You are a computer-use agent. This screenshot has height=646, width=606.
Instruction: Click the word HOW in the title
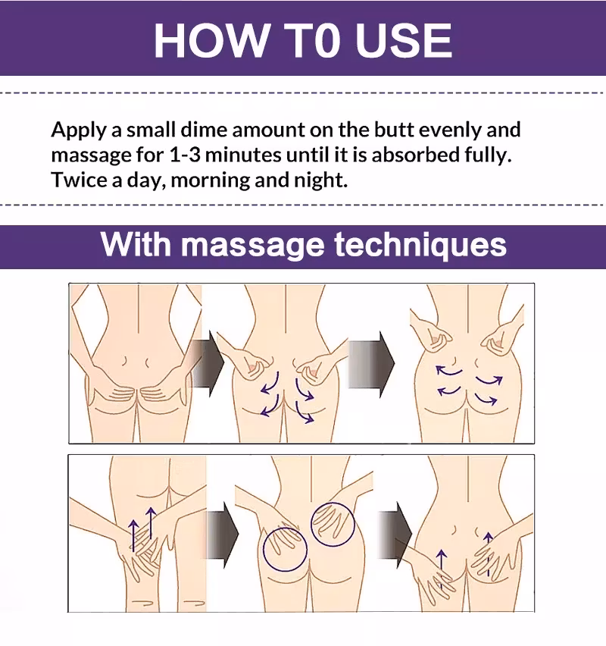pyautogui.click(x=211, y=40)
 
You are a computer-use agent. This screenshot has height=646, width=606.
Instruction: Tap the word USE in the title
pyautogui.click(x=404, y=40)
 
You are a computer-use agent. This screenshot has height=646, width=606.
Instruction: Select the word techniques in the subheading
pyautogui.click(x=420, y=245)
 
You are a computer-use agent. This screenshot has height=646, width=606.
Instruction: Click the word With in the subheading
pyautogui.click(x=136, y=244)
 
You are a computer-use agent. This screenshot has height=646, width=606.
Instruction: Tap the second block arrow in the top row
pyautogui.click(x=371, y=364)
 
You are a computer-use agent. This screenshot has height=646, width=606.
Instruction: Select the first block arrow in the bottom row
pyautogui.click(x=222, y=535)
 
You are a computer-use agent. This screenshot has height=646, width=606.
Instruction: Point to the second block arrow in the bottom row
pyautogui.click(x=395, y=535)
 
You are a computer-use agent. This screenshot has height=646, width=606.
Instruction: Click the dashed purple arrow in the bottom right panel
pyautogui.click(x=489, y=553)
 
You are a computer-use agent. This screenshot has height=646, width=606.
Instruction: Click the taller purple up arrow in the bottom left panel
pyautogui.click(x=151, y=522)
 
